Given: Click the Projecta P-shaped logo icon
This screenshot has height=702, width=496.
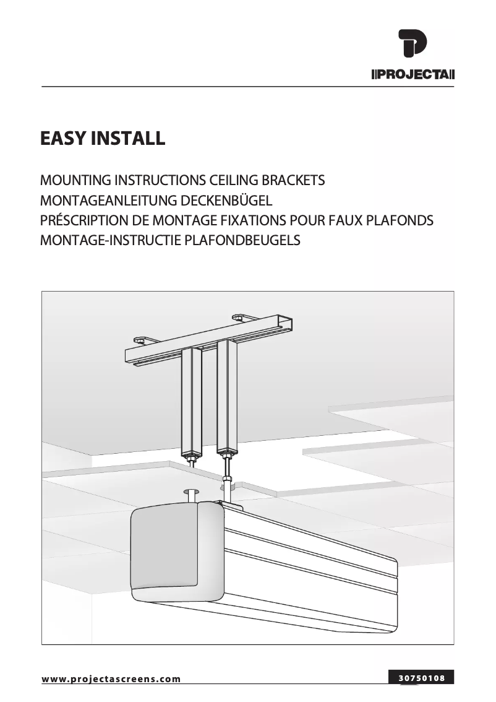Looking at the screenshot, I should click(413, 45).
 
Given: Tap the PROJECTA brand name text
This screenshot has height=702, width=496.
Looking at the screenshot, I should click(413, 76).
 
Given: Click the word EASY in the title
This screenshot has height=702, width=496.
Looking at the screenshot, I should click(64, 138).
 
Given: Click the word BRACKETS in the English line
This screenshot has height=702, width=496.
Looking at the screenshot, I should click(294, 181).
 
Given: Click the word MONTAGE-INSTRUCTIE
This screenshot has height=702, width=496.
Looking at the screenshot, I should click(111, 240).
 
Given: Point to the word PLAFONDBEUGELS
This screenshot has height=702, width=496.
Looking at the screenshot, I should click(242, 240).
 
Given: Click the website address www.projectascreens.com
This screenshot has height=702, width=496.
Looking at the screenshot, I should click(111, 679).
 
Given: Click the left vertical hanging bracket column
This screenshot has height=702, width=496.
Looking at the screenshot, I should click(192, 402).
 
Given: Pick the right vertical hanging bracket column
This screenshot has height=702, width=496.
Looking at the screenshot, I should click(228, 396).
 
